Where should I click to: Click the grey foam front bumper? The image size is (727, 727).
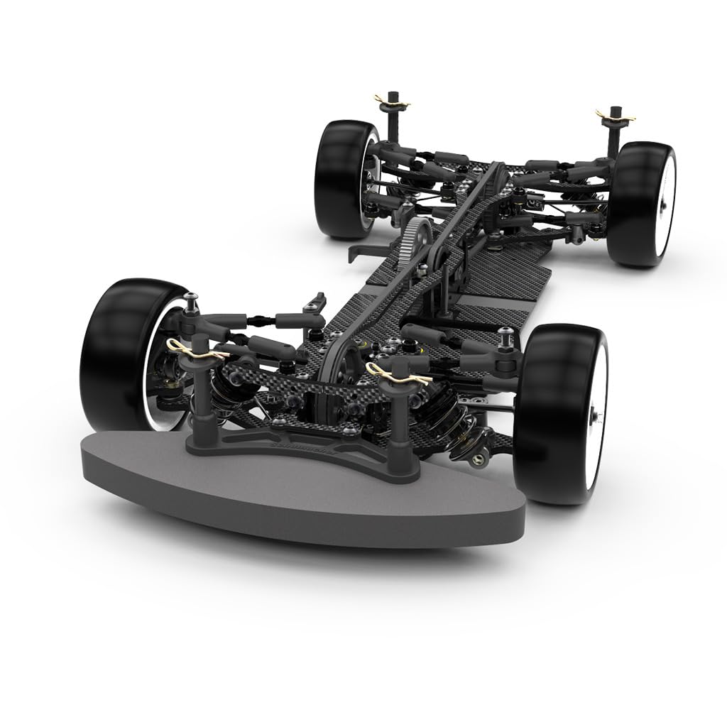coord(298,497)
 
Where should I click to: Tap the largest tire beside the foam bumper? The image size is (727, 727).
coord(121,348)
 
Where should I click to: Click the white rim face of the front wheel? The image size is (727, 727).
coord(596,419)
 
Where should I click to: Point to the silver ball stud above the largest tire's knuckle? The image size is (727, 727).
coord(190,298)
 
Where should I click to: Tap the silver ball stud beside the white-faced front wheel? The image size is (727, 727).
coord(505,332)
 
